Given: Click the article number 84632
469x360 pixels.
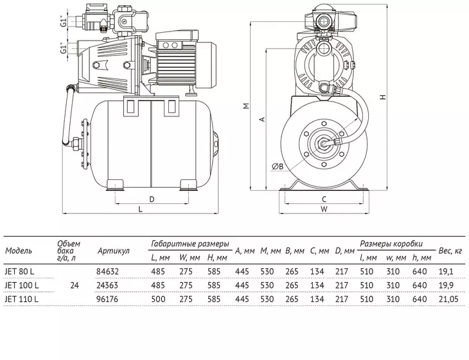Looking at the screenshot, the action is click(107, 271).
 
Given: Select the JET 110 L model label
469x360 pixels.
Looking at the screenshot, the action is click(22, 299).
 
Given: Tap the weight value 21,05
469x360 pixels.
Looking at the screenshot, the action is click(448, 299).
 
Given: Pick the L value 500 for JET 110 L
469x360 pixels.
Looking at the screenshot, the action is click(158, 299).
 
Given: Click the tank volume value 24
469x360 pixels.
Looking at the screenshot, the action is click(75, 285).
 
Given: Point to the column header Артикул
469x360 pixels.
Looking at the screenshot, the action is click(113, 251).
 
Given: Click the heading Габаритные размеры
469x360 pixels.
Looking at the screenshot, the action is click(190, 244).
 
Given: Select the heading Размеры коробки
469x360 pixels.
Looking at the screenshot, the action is click(391, 244).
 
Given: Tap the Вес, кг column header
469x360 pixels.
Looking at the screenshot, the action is click(450, 251).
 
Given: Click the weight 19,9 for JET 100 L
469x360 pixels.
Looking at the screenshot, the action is click(446, 285).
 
